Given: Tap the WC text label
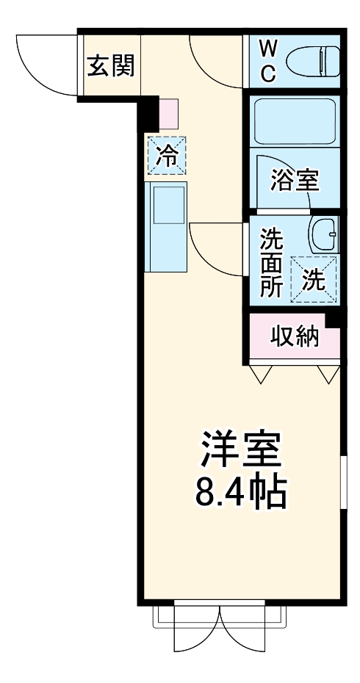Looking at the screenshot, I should click(269, 61).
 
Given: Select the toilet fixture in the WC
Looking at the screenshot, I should click(312, 62).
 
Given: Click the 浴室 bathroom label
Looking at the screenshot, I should click(294, 181).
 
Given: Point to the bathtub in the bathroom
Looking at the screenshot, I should click(295, 121).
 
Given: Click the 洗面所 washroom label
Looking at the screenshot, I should click(271, 262).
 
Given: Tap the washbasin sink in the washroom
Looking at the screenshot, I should click(323, 235).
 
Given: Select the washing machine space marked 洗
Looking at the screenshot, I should click(313, 278).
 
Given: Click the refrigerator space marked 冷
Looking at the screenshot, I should click(167, 156).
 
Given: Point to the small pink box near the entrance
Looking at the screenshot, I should click(168, 114).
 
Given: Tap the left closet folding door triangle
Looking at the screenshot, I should click(260, 374).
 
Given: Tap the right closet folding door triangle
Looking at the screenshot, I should click(328, 374).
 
